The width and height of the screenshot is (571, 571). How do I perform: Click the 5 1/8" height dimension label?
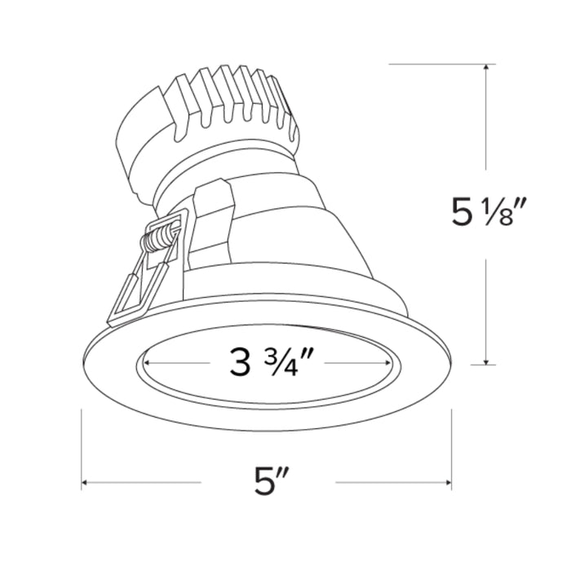tap(486, 214)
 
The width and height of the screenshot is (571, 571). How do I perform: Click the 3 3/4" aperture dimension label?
tap(272, 361)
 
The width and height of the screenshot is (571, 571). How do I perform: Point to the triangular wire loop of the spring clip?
tap(135, 290)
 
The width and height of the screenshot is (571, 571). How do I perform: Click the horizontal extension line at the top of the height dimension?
tap(440, 64)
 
